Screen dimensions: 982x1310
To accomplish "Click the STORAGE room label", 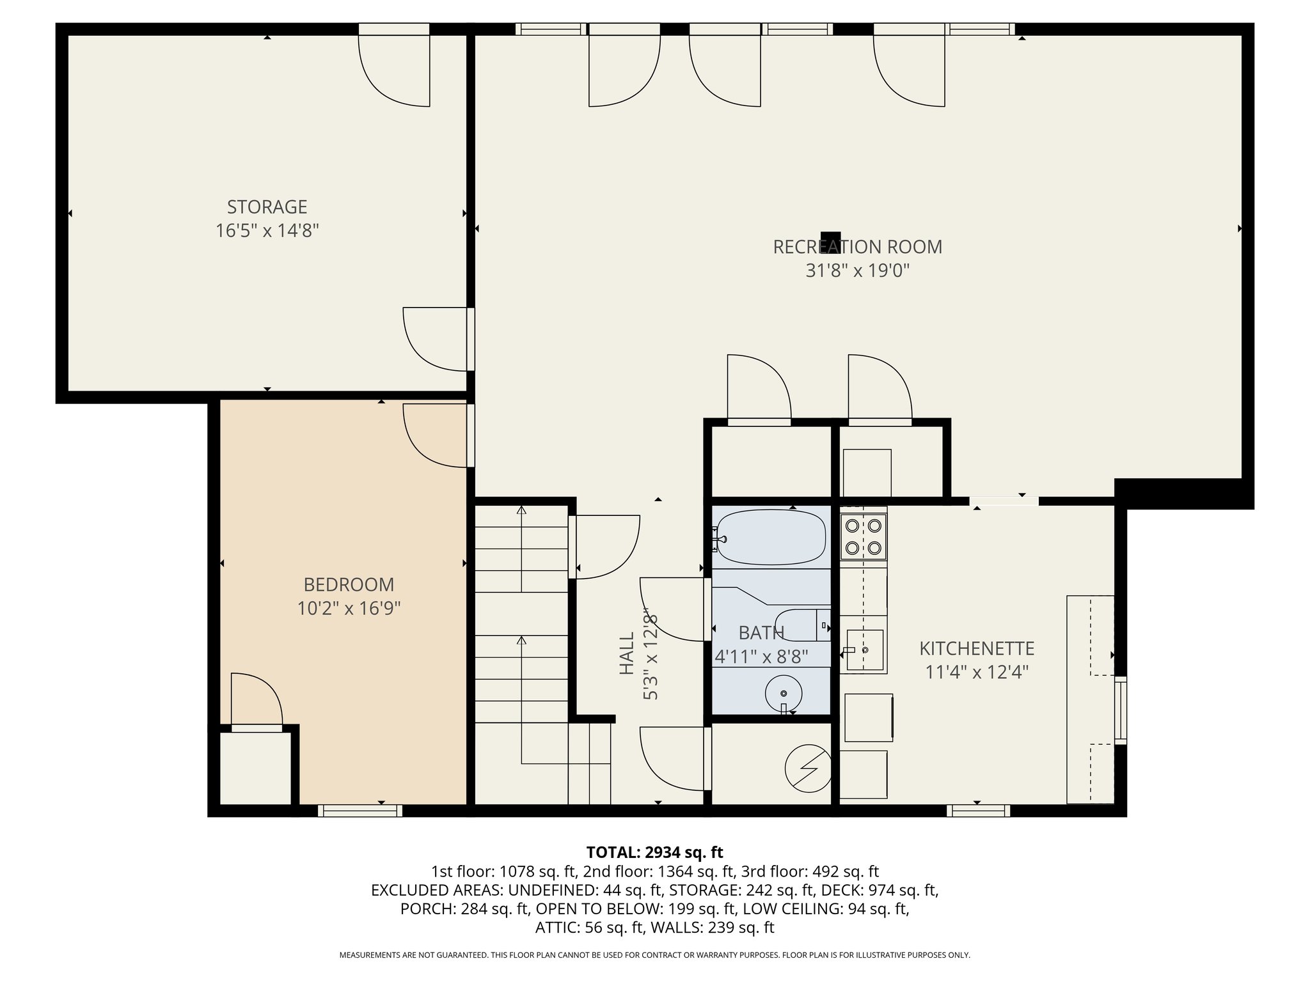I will click(x=267, y=207).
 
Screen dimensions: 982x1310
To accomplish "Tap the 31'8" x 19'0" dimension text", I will click(x=857, y=271).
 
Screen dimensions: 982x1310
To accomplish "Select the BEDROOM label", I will click(x=349, y=584).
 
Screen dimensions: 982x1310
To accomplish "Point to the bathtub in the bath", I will click(x=770, y=537).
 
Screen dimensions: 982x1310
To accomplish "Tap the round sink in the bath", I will click(x=784, y=694).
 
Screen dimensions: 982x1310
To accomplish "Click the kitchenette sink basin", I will click(x=865, y=650).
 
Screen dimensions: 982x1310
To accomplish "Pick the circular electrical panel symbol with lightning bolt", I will click(x=809, y=768).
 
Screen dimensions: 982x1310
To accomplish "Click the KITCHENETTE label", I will click(x=977, y=648).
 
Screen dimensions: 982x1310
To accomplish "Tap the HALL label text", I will click(x=627, y=653).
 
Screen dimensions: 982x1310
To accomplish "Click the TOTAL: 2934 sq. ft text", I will click(x=654, y=852).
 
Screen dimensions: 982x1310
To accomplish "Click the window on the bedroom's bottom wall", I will click(x=360, y=811).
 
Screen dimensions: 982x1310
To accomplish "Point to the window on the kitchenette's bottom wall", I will click(x=978, y=811).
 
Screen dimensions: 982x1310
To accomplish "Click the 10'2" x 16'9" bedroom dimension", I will click(x=349, y=608).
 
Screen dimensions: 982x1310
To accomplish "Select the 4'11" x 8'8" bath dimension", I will click(x=761, y=657).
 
